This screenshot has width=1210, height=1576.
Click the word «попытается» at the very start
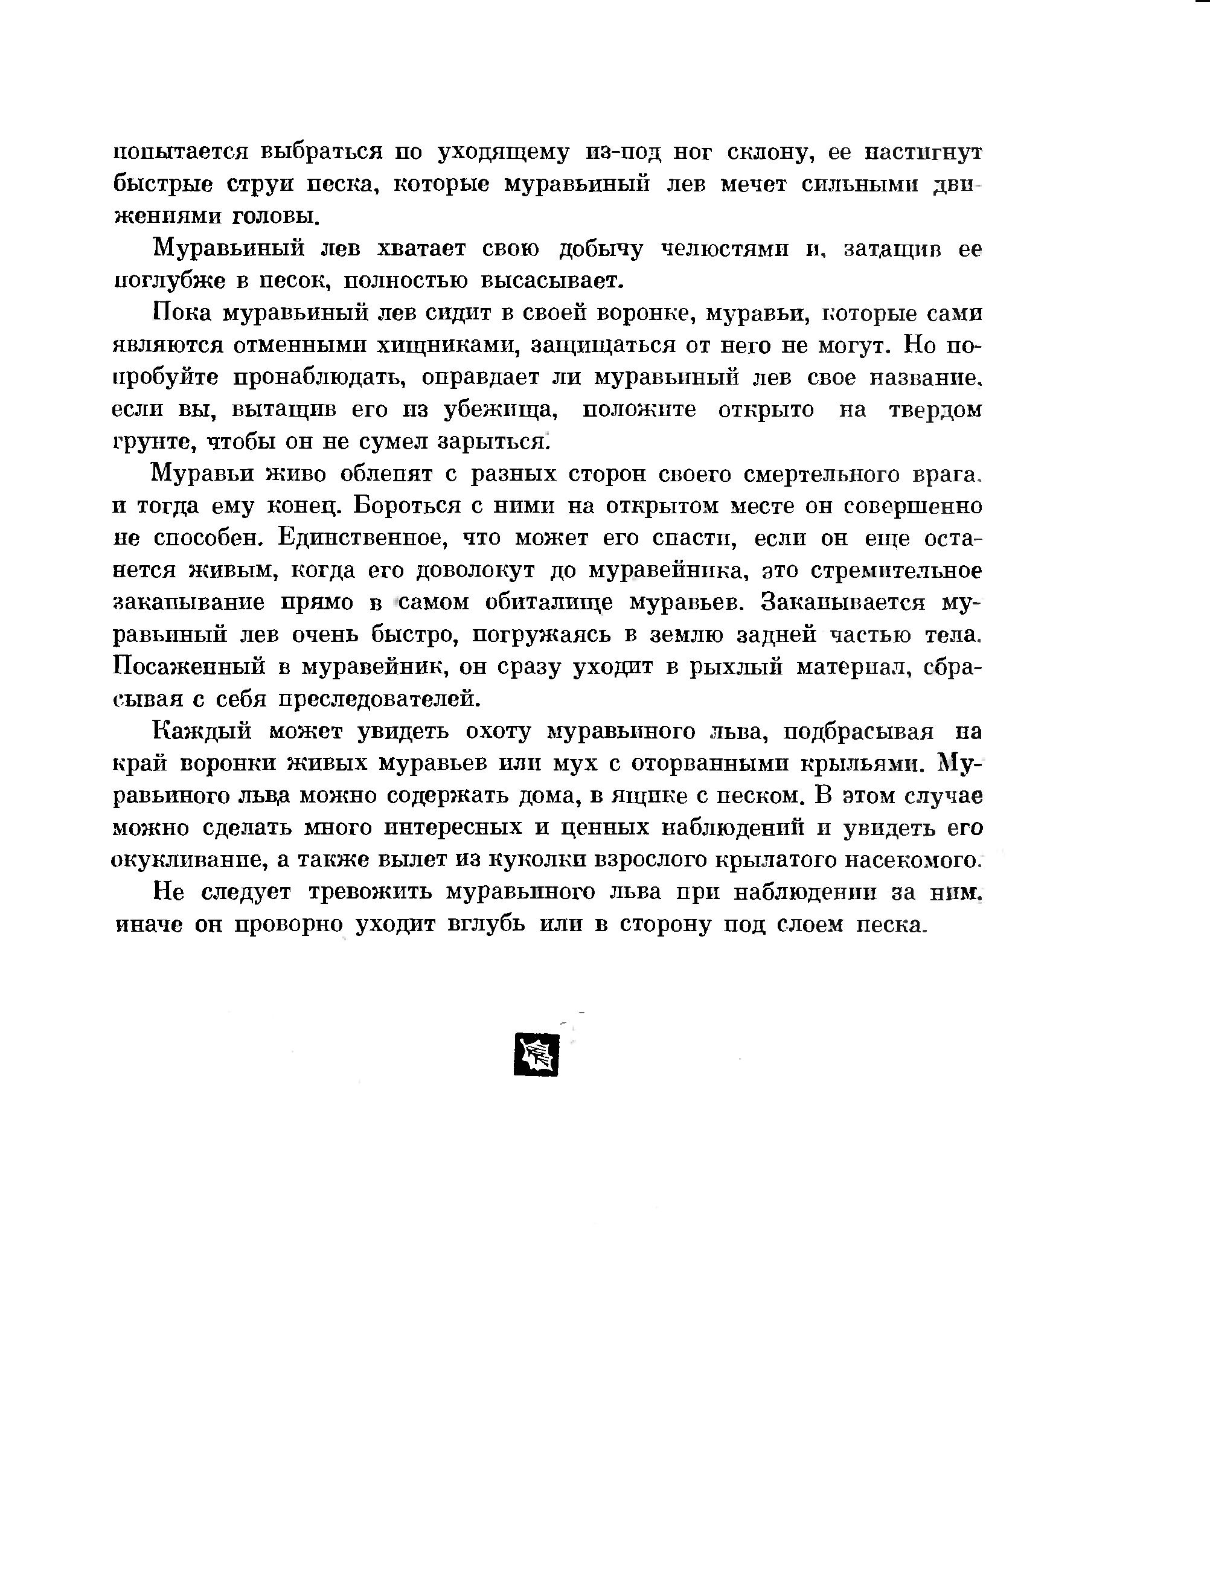181,153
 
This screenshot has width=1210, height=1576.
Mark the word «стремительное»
896,571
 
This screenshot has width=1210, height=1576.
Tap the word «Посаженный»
190,667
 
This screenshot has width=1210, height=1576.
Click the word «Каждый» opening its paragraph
202,732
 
